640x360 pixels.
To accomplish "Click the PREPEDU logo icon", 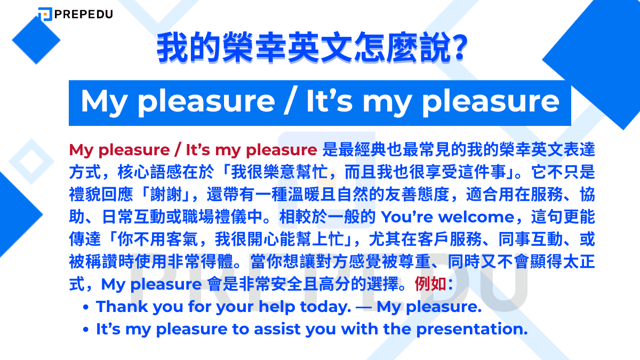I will [45, 14].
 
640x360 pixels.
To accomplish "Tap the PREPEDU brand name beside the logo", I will [83, 14].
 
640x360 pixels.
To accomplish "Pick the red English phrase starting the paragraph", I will [193, 150].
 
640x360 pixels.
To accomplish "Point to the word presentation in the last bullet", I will [471, 329].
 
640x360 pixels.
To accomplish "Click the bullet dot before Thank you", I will [86, 308].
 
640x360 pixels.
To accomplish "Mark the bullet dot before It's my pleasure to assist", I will [86, 330].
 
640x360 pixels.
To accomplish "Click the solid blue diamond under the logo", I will [36, 40].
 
